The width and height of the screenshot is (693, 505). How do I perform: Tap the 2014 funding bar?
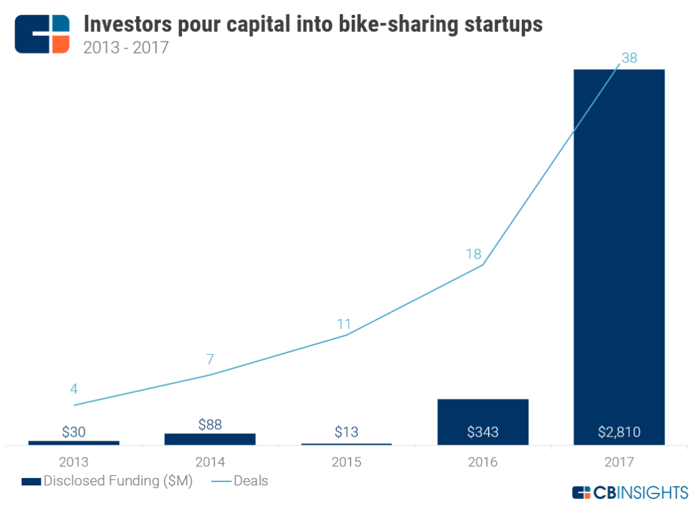[x=210, y=439]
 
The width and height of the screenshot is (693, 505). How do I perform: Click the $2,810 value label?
[x=619, y=432]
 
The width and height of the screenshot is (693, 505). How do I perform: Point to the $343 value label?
[x=483, y=432]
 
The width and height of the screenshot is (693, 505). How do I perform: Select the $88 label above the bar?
[x=210, y=424]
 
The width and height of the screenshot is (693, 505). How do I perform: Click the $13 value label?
[x=346, y=432]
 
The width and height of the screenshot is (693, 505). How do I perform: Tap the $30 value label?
[x=74, y=432]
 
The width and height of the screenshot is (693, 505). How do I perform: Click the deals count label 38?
[x=629, y=58]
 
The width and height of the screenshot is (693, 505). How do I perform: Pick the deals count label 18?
[x=473, y=255]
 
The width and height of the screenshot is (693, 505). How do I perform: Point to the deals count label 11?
[x=344, y=324]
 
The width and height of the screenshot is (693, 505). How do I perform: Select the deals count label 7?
[x=210, y=359]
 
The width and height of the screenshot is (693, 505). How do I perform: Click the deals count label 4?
[x=74, y=389]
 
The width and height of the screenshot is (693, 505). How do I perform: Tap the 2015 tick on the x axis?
[x=346, y=462]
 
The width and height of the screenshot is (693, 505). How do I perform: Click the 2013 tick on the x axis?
[x=74, y=462]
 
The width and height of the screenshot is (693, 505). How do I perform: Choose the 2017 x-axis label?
[x=619, y=462]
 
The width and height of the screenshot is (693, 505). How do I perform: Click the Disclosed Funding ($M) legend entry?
[x=108, y=481]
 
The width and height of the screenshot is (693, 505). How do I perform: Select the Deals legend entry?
[x=240, y=481]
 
